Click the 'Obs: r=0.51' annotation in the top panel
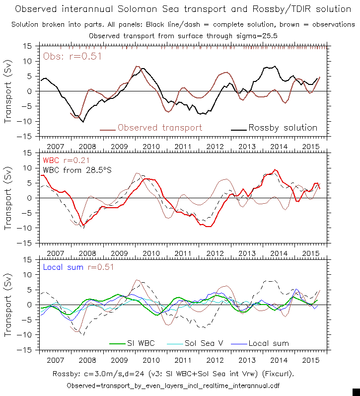72,56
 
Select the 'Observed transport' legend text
160,128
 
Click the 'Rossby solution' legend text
283,128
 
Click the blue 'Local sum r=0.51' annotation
79,267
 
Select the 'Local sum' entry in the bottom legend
268,343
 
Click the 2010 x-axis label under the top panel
151,147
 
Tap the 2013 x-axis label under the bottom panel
247,360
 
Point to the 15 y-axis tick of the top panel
27,46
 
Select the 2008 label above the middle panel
87,147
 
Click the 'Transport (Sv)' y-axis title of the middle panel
9,198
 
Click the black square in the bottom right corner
356,392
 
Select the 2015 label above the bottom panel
310,253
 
